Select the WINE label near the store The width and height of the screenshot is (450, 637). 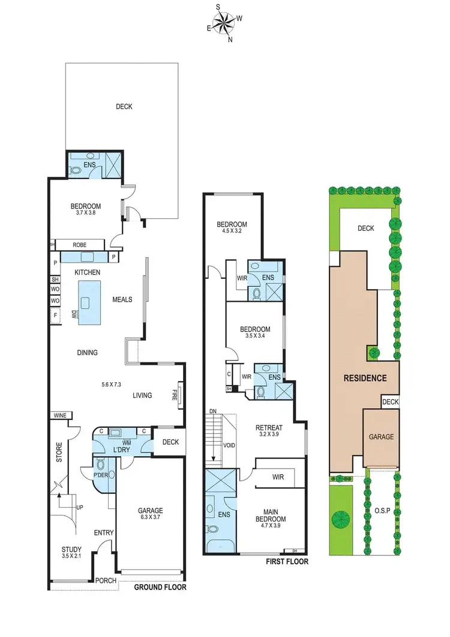click(x=59, y=415)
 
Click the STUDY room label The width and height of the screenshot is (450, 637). click(x=71, y=549)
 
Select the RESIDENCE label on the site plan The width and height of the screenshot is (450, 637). click(x=364, y=379)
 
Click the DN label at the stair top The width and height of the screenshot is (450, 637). click(x=213, y=411)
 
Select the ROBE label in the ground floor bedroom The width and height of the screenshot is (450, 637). click(x=80, y=245)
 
